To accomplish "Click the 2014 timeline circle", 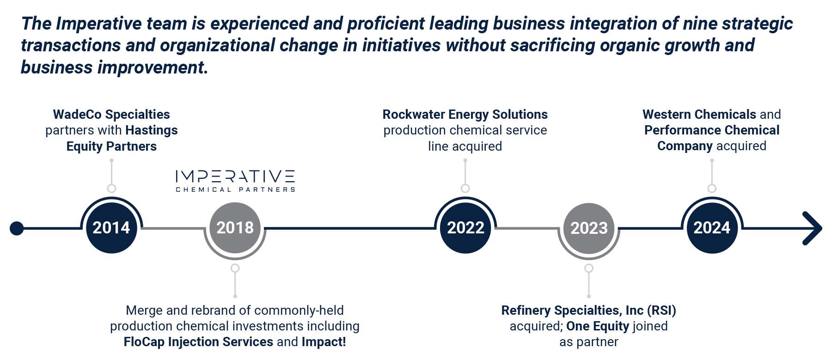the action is pyautogui.click(x=111, y=228).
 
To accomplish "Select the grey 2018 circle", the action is pyautogui.click(x=235, y=228).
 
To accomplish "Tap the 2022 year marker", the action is pyautogui.click(x=465, y=228).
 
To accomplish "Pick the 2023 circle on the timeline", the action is pyautogui.click(x=589, y=228).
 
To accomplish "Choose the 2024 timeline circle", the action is pyautogui.click(x=712, y=228).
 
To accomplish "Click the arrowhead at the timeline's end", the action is pyautogui.click(x=813, y=228).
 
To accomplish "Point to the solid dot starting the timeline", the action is pyautogui.click(x=17, y=228).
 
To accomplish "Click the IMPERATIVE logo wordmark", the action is pyautogui.click(x=235, y=176).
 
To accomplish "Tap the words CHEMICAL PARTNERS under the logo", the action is pyautogui.click(x=235, y=189).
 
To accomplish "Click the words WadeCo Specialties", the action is pyautogui.click(x=111, y=114).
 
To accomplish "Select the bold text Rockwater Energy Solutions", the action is pyautogui.click(x=465, y=114).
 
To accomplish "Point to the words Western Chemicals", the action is pyautogui.click(x=699, y=114).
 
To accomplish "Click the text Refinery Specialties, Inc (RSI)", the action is pyautogui.click(x=588, y=311).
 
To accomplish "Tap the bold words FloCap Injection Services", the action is pyautogui.click(x=198, y=342).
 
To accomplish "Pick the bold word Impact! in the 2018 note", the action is pyautogui.click(x=324, y=342).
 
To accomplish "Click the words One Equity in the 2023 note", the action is pyautogui.click(x=597, y=326).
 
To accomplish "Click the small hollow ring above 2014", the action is pyautogui.click(x=111, y=188).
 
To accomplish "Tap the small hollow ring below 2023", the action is pyautogui.click(x=588, y=268).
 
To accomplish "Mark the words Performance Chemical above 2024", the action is pyautogui.click(x=712, y=130).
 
